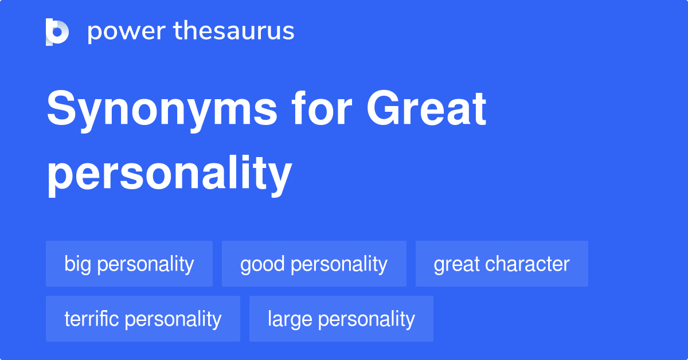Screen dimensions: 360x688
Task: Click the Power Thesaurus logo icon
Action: point(57,32)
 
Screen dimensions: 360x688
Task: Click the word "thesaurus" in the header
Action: point(234,32)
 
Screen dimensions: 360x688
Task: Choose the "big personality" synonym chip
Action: point(129,264)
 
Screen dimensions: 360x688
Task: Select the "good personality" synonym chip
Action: point(314,264)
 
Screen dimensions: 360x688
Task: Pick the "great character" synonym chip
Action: point(502,264)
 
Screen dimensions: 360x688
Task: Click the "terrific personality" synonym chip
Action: point(143,319)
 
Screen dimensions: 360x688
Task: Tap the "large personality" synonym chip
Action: point(341,319)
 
